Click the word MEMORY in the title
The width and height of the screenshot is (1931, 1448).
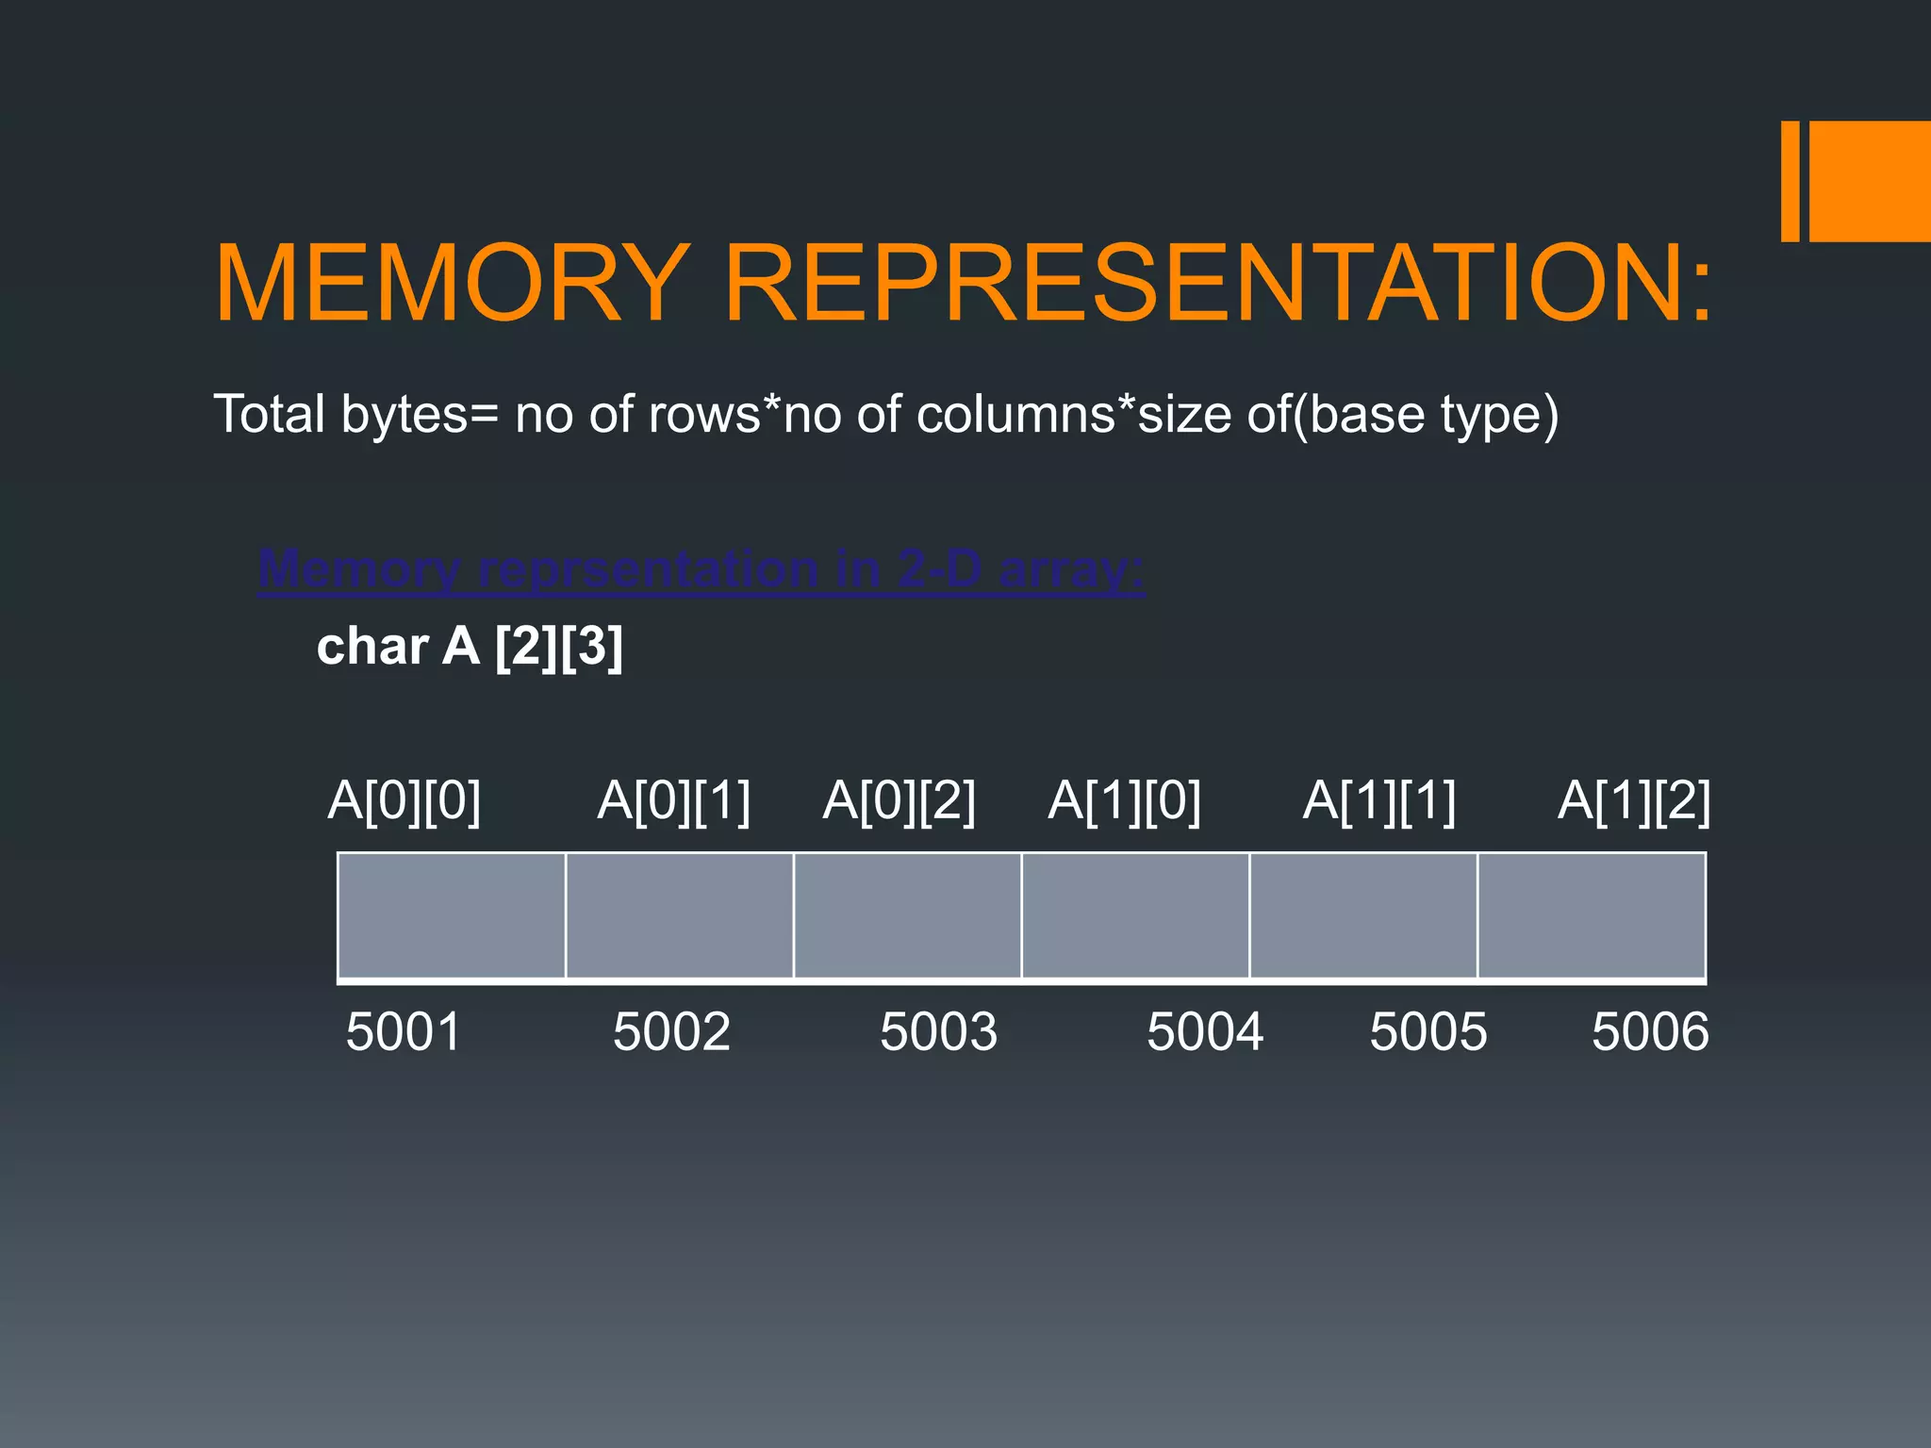pyautogui.click(x=453, y=284)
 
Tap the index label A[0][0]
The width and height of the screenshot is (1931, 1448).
pyautogui.click(x=404, y=802)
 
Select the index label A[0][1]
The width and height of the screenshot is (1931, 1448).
pyautogui.click(x=674, y=802)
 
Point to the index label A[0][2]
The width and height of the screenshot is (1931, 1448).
pyautogui.click(x=899, y=802)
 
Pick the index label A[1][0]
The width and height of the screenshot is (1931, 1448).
pyautogui.click(x=1125, y=802)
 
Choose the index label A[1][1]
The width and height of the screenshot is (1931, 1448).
pyautogui.click(x=1379, y=802)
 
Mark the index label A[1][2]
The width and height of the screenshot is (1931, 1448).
pyautogui.click(x=1634, y=802)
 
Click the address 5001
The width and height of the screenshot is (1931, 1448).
pyautogui.click(x=404, y=1031)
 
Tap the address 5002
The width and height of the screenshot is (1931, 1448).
pyautogui.click(x=671, y=1031)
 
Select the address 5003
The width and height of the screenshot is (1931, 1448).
pyautogui.click(x=938, y=1031)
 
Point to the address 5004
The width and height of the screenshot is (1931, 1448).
pyautogui.click(x=1205, y=1031)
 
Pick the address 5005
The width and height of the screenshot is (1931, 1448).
pyautogui.click(x=1428, y=1031)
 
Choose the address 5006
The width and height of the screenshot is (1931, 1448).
pyautogui.click(x=1650, y=1031)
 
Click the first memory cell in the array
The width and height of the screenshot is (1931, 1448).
pyautogui.click(x=452, y=915)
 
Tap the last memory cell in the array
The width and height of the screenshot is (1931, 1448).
pyautogui.click(x=1592, y=915)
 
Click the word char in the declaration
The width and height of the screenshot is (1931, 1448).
pyautogui.click(x=372, y=648)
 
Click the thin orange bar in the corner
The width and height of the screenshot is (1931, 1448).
pyautogui.click(x=1790, y=181)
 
